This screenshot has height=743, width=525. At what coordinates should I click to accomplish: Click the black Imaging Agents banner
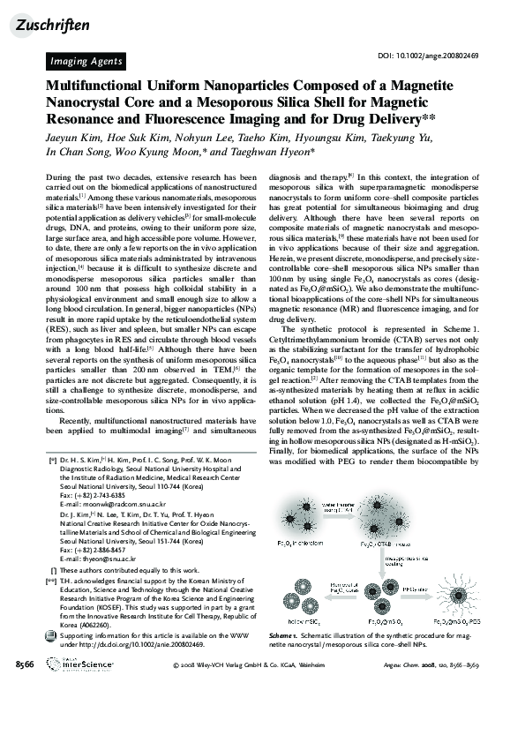click(86, 61)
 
